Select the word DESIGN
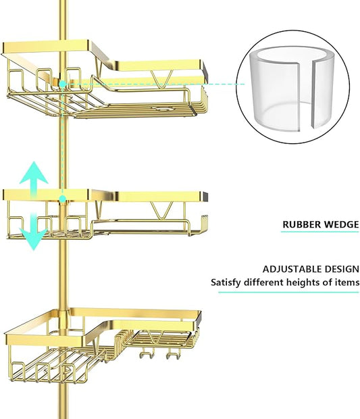(341, 269)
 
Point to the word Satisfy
(226, 282)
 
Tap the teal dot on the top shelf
(63, 84)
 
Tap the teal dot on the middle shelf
(63, 199)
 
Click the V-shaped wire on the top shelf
(161, 79)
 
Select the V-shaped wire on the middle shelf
(161, 210)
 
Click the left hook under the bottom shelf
(147, 354)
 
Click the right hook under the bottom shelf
(174, 354)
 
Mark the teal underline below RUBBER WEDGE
(319, 232)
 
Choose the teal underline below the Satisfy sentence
(288, 292)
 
